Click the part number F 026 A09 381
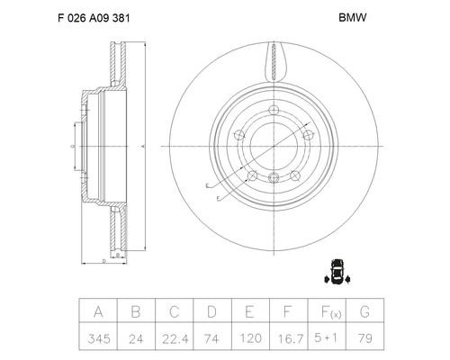pos(94,18)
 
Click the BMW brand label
pos(353,17)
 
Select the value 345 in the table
pos(99,339)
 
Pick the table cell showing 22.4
pos(175,339)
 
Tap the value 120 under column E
pos(251,338)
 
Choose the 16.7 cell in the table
pos(291,339)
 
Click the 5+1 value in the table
pos(326,338)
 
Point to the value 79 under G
pos(365,338)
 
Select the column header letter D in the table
pos(211,311)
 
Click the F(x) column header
pos(331,312)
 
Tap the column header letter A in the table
pos(98,311)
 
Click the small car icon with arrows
pos(337,272)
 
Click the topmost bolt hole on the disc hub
pos(274,110)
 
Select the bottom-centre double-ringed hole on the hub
pos(274,178)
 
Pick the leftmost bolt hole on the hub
pos(239,135)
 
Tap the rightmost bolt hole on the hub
pos(308,135)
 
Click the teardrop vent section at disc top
pos(275,62)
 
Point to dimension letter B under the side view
pos(118,255)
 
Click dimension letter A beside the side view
pos(143,146)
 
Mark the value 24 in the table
pos(136,339)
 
